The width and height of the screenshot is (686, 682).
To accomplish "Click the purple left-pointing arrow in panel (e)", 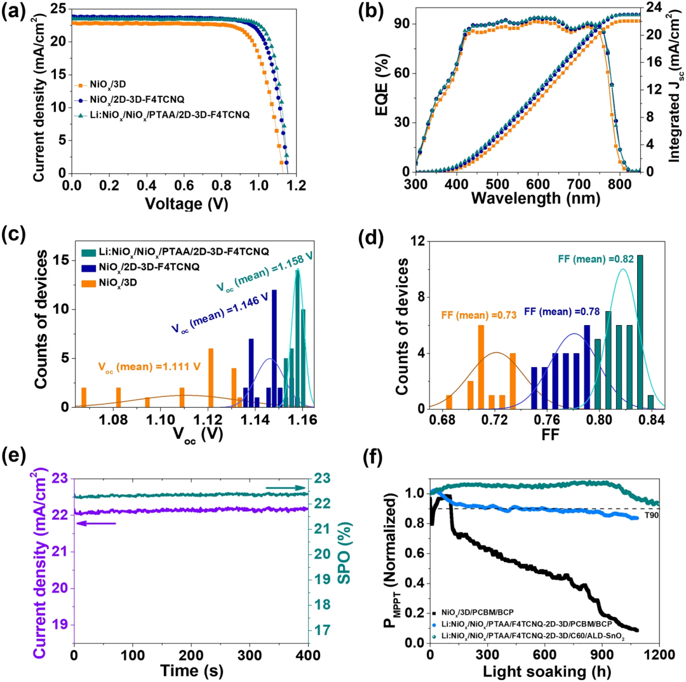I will point(96,523).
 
